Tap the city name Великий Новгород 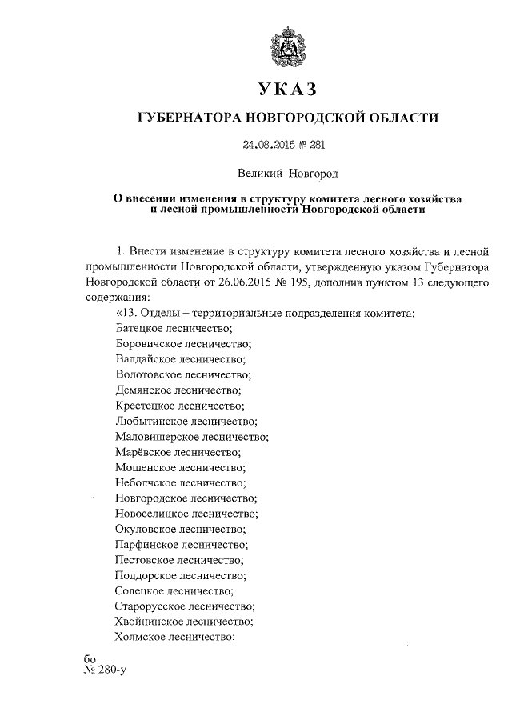tap(287, 172)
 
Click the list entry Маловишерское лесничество tap(191, 436)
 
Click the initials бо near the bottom tap(89, 658)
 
